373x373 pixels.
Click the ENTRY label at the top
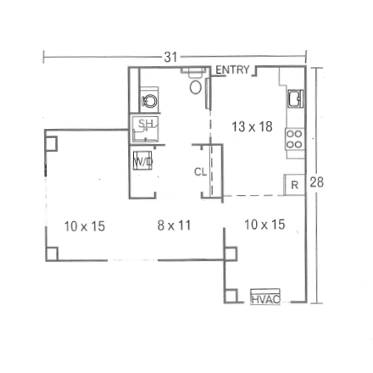tap(231, 70)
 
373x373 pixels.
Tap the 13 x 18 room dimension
tap(252, 126)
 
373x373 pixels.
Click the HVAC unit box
tap(264, 298)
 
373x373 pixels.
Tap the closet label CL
tap(201, 172)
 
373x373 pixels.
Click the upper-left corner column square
tap(50, 143)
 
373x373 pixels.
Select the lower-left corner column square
tap(52, 253)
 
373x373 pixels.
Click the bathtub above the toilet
tap(194, 71)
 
